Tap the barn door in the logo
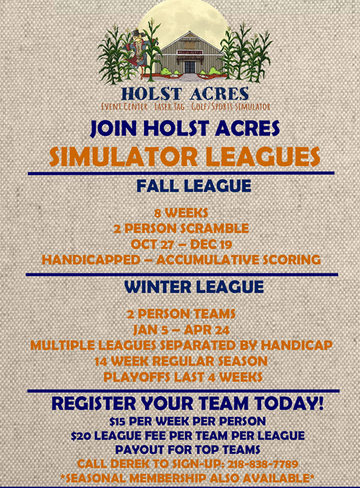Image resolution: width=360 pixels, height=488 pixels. pyautogui.click(x=190, y=66)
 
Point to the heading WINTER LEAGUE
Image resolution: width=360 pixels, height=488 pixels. pyautogui.click(x=193, y=286)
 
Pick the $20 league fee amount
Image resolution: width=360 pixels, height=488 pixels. pyautogui.click(x=82, y=435)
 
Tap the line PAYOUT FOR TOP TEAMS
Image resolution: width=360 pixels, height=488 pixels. pyautogui.click(x=187, y=449)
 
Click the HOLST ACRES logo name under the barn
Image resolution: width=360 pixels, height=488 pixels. pyautogui.click(x=185, y=94)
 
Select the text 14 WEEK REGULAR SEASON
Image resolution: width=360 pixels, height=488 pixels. pyautogui.click(x=181, y=360)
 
